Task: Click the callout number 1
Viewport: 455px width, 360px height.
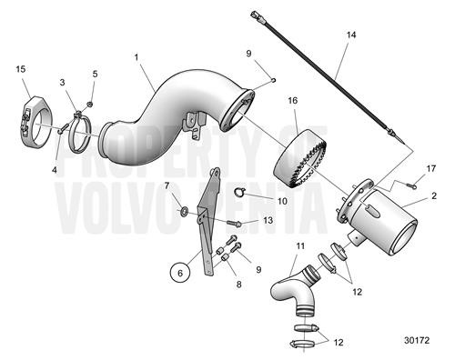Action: (136, 57)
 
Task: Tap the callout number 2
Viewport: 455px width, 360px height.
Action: (433, 196)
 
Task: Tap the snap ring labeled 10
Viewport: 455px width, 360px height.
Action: (241, 191)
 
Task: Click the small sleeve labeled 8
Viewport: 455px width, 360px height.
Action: (223, 262)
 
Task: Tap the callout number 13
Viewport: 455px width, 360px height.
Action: (268, 220)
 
